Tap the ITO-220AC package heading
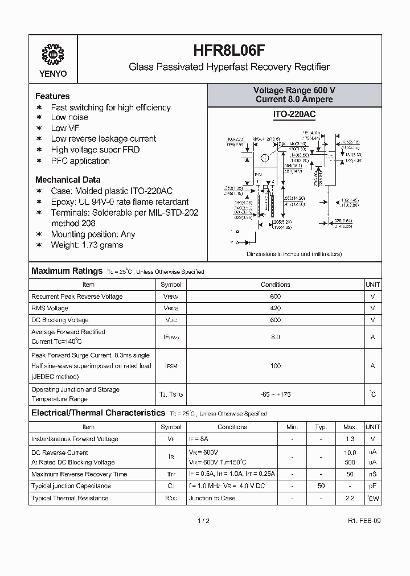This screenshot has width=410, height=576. tap(294, 114)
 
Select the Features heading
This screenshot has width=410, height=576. tap(52, 96)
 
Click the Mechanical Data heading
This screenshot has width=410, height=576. tap(68, 179)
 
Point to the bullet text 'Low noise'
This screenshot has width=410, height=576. tap(69, 118)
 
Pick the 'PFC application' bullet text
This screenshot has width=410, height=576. tap(80, 161)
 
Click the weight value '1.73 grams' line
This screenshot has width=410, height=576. tap(87, 245)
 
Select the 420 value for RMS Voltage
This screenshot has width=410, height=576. tap(276, 308)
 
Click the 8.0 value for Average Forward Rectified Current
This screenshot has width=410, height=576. tap(276, 337)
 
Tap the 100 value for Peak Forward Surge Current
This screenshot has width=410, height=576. tap(276, 366)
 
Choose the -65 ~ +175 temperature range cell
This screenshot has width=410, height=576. tap(276, 394)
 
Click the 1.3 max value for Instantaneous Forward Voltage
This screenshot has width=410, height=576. tap(350, 439)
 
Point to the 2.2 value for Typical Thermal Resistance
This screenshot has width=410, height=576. tap(350, 498)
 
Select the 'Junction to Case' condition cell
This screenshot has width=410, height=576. tap(212, 498)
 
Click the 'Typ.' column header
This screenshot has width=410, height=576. tap(321, 427)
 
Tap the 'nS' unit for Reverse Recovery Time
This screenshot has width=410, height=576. tap(372, 474)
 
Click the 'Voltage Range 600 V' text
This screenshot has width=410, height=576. tap(294, 90)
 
